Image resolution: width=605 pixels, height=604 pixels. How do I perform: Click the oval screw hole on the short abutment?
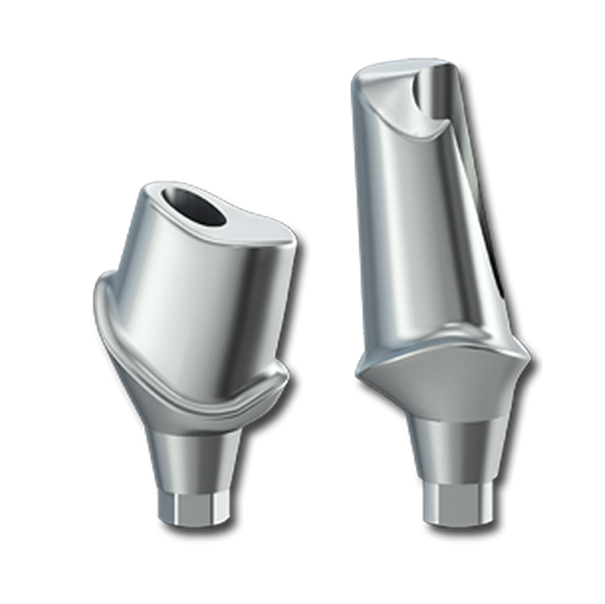pyautogui.click(x=197, y=209)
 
